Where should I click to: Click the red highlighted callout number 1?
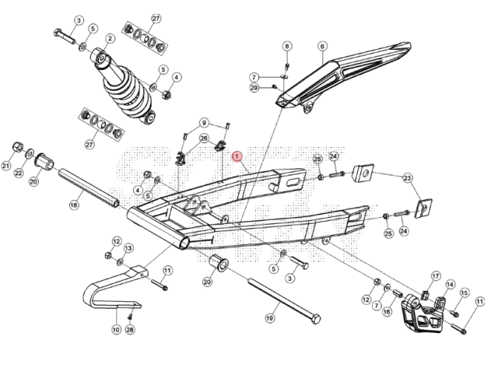[x=237, y=157]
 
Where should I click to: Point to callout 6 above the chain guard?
[x=322, y=46]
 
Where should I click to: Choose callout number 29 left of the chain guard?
[x=254, y=88]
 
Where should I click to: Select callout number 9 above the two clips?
[x=204, y=123]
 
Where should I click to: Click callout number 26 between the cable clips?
[x=204, y=138]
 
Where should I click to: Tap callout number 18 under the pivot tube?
[x=74, y=204]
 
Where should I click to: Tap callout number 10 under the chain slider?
[x=116, y=329]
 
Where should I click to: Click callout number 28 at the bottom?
[x=130, y=329]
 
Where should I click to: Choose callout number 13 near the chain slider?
[x=128, y=248]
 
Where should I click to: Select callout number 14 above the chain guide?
[x=450, y=284]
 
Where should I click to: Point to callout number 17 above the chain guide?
[x=435, y=276]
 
